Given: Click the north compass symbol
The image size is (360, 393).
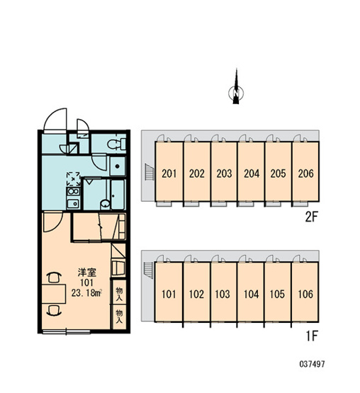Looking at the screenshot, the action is click(236, 88).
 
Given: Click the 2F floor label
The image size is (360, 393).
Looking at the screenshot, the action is click(311, 217).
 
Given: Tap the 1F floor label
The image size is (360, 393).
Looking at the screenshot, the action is click(312, 336).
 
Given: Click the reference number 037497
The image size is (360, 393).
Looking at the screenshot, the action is click(312, 364).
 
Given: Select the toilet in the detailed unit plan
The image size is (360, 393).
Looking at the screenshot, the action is click(116, 144).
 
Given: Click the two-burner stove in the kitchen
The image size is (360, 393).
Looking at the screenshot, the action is click(73, 191).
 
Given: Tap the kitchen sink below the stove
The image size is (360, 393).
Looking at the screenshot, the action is click(73, 203).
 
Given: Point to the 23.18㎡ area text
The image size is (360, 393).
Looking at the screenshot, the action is click(86, 292).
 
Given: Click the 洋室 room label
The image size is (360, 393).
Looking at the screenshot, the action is click(87, 273).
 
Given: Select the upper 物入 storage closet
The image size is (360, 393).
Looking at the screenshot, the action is click(119, 294).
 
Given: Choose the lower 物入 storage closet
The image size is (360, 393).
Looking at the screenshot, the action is click(119, 317).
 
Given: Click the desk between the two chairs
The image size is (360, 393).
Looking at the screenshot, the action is click(54, 294).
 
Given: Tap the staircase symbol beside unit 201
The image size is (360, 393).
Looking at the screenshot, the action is click(150, 171).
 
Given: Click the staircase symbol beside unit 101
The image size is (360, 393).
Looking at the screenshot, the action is click(149, 270).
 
